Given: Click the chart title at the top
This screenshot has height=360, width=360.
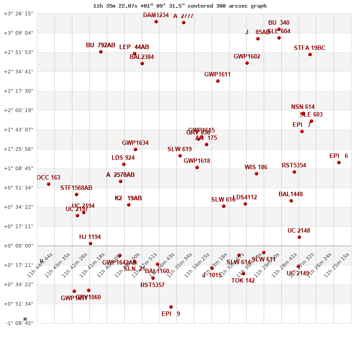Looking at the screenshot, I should (x=180, y=6).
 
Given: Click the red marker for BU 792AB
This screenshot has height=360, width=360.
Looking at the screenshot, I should (x=101, y=52).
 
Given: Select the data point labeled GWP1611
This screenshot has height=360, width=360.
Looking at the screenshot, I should (x=218, y=81).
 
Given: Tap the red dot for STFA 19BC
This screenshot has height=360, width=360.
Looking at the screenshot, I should (x=310, y=54).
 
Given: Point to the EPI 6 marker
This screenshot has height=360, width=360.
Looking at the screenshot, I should (x=339, y=162).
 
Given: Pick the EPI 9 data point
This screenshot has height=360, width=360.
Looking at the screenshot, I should (x=171, y=307).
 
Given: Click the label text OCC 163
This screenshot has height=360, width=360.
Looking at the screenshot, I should (x=48, y=178).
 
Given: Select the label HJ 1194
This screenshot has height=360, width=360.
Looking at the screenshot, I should (x=90, y=237).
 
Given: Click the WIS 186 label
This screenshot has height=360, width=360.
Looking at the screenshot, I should (x=256, y=167).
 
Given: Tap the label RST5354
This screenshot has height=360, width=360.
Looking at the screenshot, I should (x=294, y=166).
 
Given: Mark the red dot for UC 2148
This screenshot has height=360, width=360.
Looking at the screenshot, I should (x=299, y=237).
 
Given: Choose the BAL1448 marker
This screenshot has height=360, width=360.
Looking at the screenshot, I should (x=291, y=201).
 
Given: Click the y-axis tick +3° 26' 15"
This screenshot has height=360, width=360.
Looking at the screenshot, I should (x=18, y=13).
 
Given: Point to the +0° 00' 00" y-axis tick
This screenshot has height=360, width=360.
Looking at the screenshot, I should (x=18, y=246).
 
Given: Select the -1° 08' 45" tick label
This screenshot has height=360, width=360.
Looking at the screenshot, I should (x=18, y=323).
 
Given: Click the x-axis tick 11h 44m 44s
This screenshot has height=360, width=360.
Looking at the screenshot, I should (x=40, y=265).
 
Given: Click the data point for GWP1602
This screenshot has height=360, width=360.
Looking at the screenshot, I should (x=247, y=63).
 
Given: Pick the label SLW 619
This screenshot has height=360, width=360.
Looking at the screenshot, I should (x=180, y=149).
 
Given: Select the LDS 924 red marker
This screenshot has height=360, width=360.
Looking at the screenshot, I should (x=124, y=164).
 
